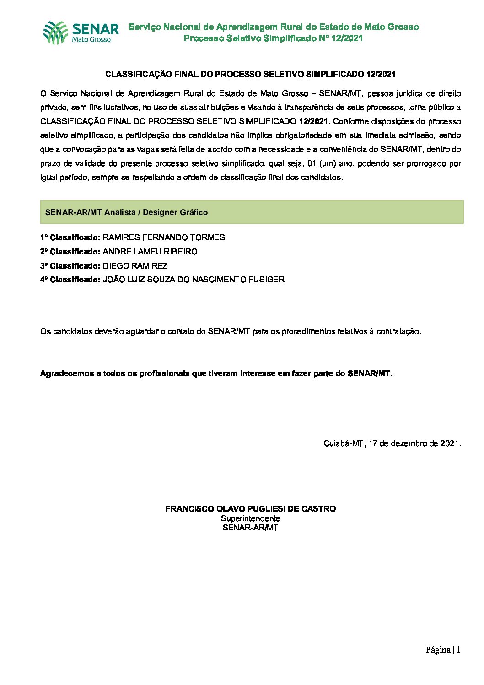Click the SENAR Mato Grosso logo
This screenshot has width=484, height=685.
81,32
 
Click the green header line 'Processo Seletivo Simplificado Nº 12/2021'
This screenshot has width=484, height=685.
273,38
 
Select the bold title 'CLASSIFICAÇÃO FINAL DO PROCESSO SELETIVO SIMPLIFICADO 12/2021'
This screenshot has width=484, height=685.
250,74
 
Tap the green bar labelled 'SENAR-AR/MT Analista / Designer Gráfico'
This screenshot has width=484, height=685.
252,212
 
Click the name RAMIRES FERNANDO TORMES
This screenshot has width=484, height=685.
164,237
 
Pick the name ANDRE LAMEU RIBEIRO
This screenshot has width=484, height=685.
150,252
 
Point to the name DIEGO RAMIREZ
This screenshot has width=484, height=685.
135,266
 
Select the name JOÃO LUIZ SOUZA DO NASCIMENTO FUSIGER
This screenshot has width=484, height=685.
194,280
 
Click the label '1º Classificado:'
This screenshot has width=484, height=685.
70,237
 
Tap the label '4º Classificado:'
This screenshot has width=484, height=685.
70,280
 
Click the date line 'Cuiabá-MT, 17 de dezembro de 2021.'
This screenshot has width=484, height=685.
392,443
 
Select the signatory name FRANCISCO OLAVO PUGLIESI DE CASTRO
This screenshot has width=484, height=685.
250,509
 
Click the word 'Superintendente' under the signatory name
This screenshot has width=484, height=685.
250,518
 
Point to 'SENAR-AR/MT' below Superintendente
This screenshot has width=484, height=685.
250,528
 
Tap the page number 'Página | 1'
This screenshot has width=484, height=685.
443,650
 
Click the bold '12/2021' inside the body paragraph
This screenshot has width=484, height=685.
313,122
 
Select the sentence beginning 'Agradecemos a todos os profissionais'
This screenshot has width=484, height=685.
216,373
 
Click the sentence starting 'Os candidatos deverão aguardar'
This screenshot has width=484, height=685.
231,331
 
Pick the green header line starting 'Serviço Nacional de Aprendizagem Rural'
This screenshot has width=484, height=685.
273,27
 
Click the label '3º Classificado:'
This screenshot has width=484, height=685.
70,266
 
